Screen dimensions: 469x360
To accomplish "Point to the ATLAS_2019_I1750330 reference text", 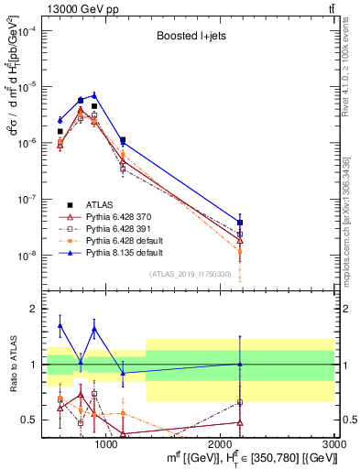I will tap(191, 274).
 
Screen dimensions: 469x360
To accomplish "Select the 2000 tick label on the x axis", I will tap(221, 444).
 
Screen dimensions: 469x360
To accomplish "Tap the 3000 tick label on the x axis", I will tap(334, 444).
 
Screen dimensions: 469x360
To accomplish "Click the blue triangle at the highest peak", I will tap(93, 94).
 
